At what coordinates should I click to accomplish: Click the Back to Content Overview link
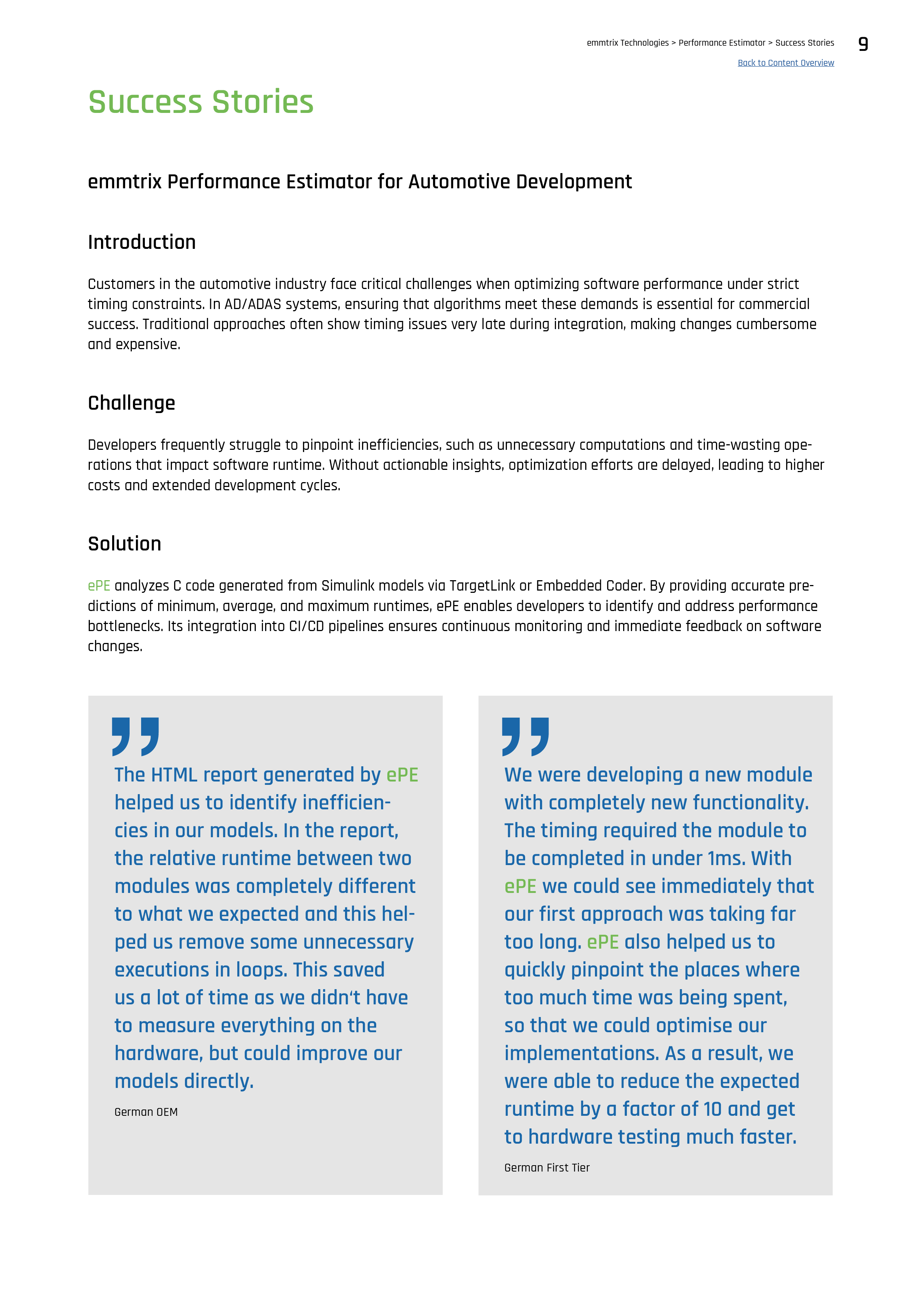pos(785,63)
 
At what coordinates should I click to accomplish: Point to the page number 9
pos(863,44)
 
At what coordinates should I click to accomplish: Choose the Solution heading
pos(124,544)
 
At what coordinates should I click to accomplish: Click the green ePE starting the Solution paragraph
pos(99,586)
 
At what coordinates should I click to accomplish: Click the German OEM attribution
pos(146,1112)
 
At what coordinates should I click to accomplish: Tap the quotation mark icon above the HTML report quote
pos(135,736)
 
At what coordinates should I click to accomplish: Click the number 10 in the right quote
pos(712,1109)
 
